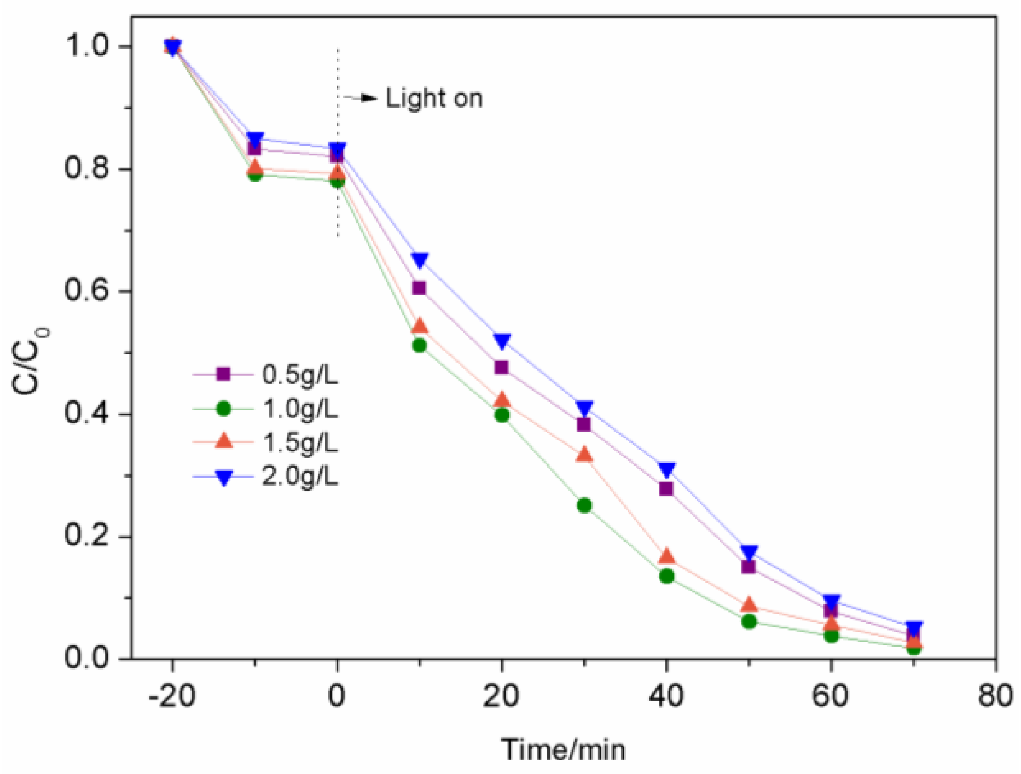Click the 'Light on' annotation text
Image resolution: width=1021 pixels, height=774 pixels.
pos(434,99)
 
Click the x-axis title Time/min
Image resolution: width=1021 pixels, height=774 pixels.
pos(563,749)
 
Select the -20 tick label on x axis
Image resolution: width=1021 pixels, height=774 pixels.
pos(172,696)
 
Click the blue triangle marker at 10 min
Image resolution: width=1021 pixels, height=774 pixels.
pos(420,260)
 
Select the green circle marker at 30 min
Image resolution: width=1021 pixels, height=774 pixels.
pos(584,505)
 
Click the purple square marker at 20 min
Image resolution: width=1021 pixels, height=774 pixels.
pos(502,367)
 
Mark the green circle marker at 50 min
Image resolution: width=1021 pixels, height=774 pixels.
pos(749,621)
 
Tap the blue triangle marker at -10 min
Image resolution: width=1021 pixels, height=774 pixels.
pos(255,139)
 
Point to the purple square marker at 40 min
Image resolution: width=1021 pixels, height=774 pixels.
pos(666,488)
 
